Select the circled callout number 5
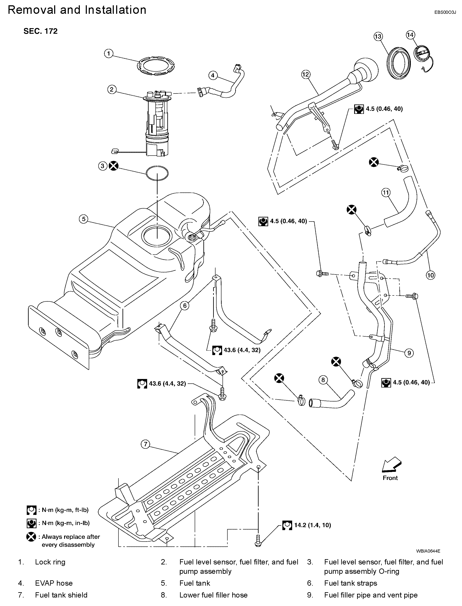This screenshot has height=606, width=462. click(84, 219)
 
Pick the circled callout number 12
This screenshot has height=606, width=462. click(306, 74)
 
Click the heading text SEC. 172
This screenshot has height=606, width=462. click(40, 31)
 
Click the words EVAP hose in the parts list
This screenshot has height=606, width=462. click(54, 583)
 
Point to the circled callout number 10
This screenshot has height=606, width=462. click(430, 275)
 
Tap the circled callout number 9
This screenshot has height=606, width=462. click(409, 353)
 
